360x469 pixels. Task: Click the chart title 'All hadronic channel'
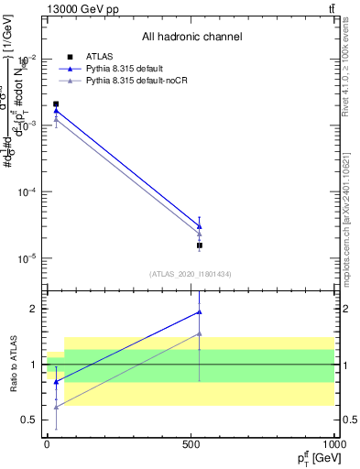click(x=191, y=38)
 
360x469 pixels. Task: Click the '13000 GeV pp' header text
click(x=79, y=9)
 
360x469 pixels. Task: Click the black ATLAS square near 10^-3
click(x=56, y=104)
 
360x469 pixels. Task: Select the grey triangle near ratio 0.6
click(x=56, y=406)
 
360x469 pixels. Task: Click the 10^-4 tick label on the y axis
click(x=27, y=192)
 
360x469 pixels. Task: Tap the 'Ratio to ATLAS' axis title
click(x=12, y=365)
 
